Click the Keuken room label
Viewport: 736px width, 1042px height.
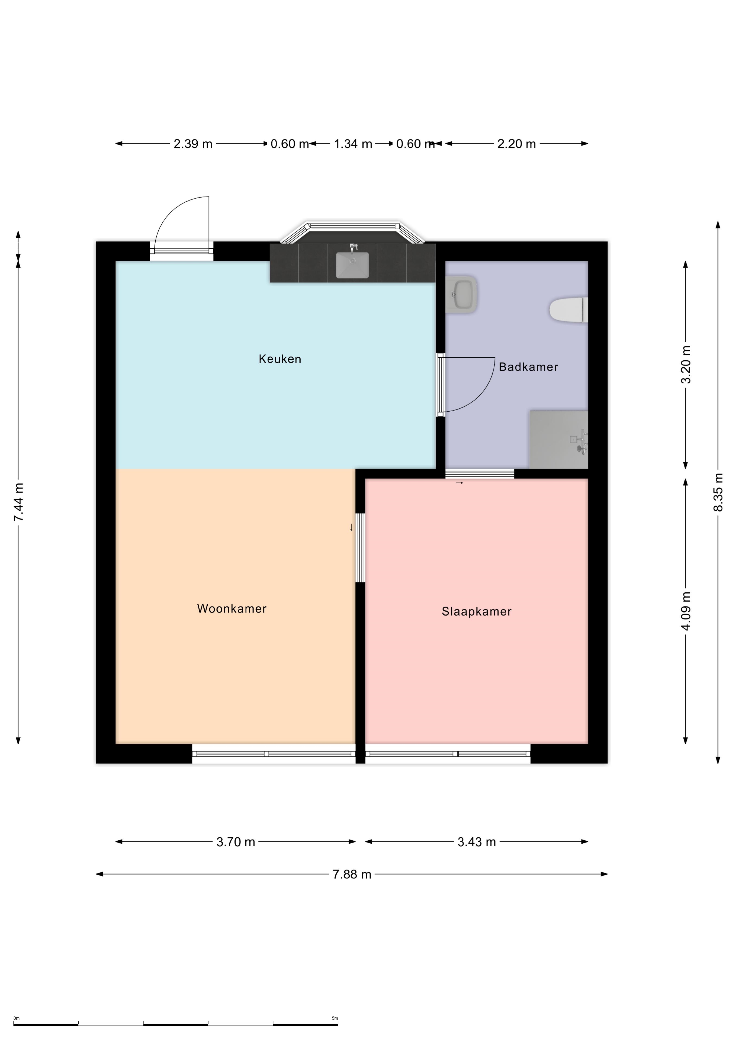coord(280,359)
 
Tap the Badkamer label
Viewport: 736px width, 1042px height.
coord(528,367)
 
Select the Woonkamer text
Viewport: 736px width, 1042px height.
coord(232,609)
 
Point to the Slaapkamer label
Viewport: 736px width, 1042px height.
coord(477,611)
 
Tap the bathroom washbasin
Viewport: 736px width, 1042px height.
coord(461,294)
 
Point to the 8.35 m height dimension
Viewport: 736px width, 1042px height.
coord(718,493)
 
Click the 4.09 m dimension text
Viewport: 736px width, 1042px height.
coord(686,611)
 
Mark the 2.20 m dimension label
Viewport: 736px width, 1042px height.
coord(516,144)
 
